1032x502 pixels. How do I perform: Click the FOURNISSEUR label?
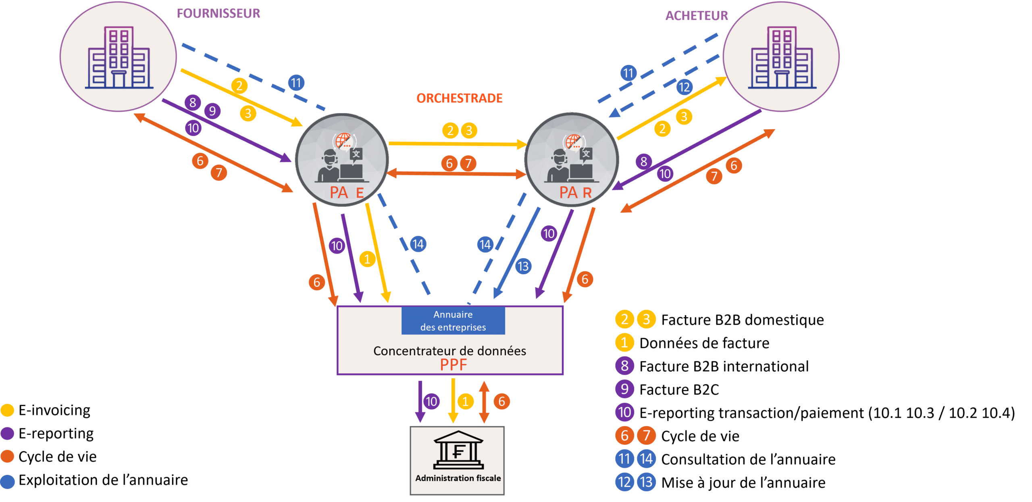pos(218,13)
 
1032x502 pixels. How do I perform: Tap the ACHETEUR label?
pos(696,16)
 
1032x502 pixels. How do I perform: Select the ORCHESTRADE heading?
pos(459,98)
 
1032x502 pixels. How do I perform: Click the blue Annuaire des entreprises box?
pos(453,321)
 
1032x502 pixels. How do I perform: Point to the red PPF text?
pos(453,365)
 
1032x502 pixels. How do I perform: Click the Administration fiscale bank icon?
pos(458,451)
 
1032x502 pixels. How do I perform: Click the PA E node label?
pos(346,193)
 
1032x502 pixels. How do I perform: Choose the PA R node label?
pos(575,193)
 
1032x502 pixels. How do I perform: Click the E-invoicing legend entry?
pos(54,410)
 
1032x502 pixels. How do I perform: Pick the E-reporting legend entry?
pos(56,433)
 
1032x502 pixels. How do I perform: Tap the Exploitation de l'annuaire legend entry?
pos(103,480)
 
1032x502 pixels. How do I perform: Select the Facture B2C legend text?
pos(679,390)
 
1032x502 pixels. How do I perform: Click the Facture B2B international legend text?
pos(724,367)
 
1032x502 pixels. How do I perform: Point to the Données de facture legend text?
pos(704,343)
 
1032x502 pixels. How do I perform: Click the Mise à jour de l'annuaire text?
pos(743,483)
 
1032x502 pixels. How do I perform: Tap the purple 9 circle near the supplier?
pos(212,111)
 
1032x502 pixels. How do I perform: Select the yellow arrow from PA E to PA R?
pos(457,144)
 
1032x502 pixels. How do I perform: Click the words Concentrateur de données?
pos(449,351)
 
